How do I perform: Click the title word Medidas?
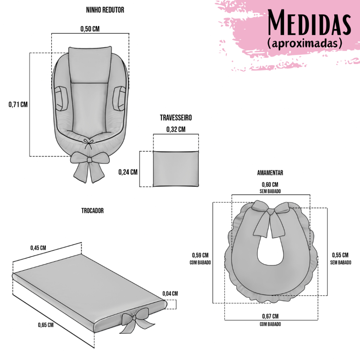click(x=309, y=22)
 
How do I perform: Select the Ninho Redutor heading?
click(x=105, y=10)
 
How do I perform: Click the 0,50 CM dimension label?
click(x=90, y=29)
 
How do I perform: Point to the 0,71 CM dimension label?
click(x=18, y=104)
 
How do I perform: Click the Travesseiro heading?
click(x=176, y=117)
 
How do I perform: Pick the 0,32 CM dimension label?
click(x=176, y=129)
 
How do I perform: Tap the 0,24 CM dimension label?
click(x=128, y=172)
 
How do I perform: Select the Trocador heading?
click(x=92, y=211)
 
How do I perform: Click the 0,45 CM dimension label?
click(x=38, y=248)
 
